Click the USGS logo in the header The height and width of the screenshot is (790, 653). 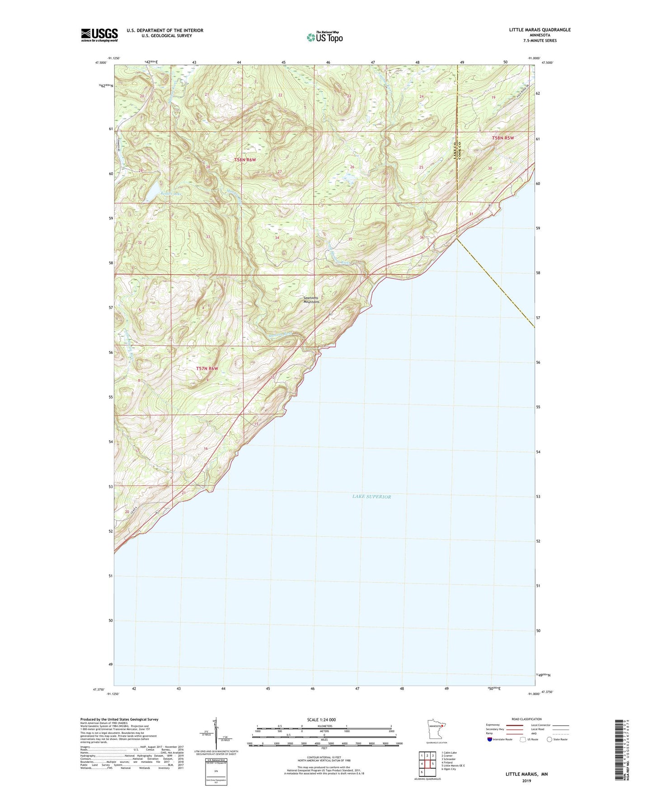(x=99, y=35)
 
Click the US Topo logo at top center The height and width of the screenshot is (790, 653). (x=324, y=37)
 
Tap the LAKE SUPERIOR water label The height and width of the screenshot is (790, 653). (x=371, y=496)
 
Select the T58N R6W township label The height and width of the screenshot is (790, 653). (x=245, y=160)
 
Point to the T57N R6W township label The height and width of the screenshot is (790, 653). (x=207, y=368)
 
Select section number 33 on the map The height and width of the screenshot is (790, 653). (x=208, y=237)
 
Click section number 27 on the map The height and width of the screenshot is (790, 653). (x=280, y=171)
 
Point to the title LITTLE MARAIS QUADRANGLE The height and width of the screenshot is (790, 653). (x=540, y=30)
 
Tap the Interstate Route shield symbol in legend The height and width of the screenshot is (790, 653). (x=490, y=739)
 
